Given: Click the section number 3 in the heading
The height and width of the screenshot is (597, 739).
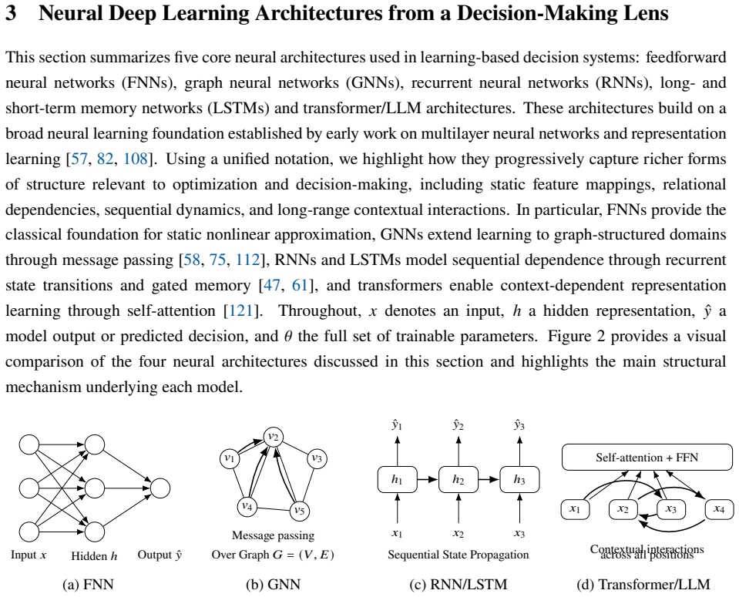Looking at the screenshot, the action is (x=11, y=13).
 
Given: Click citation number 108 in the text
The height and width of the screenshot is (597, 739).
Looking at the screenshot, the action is (x=136, y=159).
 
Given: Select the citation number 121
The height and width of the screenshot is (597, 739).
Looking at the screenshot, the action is (x=241, y=311).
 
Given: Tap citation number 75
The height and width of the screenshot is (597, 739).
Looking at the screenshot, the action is (x=217, y=260).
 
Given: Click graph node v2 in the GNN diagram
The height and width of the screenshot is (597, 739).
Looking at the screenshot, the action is (x=274, y=437).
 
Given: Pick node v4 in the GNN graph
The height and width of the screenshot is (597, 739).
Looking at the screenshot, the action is (x=247, y=507).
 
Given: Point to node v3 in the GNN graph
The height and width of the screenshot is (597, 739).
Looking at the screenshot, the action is (x=317, y=458).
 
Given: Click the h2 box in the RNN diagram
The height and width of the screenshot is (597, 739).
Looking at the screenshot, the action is (x=458, y=480).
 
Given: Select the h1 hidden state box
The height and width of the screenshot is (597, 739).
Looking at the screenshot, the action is (x=398, y=480).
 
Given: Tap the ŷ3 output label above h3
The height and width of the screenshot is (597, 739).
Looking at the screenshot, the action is (x=519, y=425).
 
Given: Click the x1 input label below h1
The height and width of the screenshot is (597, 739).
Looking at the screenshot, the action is (x=397, y=533).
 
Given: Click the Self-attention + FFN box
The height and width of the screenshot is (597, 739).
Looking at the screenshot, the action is (x=647, y=457).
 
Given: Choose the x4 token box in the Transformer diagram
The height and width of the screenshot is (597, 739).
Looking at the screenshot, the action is (x=719, y=509).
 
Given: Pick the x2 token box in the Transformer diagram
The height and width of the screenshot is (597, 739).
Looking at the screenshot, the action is (x=623, y=509).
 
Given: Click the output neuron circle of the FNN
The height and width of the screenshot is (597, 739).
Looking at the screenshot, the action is (x=160, y=488).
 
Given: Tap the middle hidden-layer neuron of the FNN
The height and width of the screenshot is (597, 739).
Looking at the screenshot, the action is (x=94, y=488).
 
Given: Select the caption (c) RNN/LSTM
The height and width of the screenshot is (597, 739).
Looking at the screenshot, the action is (x=458, y=584).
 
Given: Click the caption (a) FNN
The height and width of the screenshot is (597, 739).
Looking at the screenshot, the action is (x=88, y=584).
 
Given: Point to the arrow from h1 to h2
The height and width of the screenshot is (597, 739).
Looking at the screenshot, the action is (x=428, y=480).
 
